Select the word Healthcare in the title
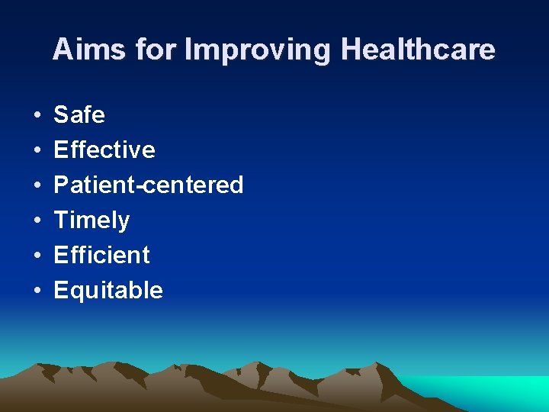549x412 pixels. click(418, 50)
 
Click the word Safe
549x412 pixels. click(79, 115)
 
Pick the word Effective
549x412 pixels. click(104, 150)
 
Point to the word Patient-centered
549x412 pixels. click(149, 185)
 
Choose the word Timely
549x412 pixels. click(91, 220)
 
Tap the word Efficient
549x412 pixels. click(101, 256)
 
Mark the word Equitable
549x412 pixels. click(108, 291)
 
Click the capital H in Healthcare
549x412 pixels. click(352, 50)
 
